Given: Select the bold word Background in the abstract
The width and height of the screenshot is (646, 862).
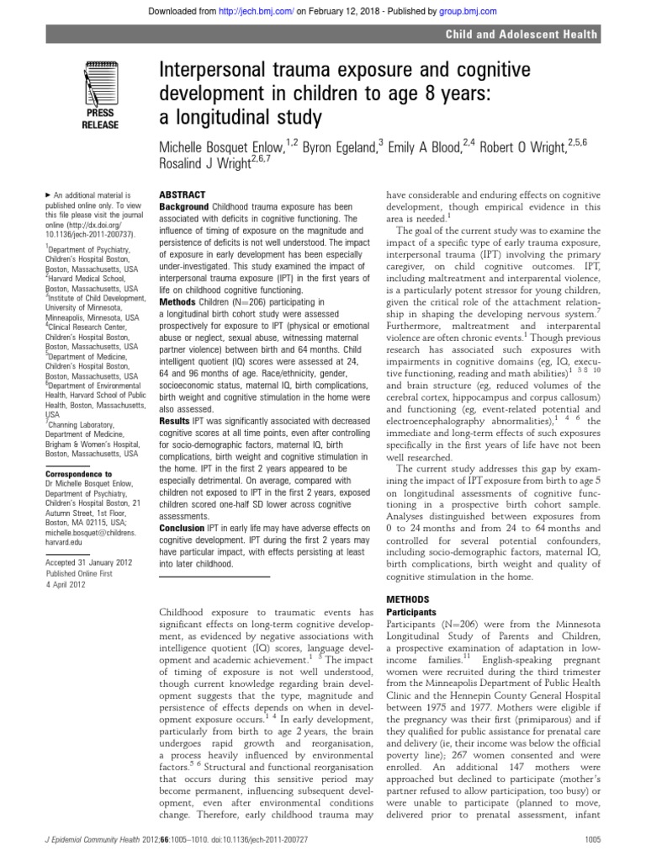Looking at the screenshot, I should pos(183,205).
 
